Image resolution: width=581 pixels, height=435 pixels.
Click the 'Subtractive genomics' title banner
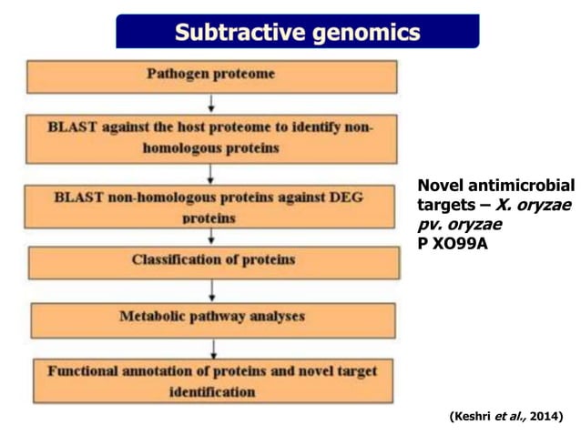point(297,33)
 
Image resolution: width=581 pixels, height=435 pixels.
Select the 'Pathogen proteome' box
point(210,76)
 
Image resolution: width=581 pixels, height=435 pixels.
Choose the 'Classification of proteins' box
point(213,261)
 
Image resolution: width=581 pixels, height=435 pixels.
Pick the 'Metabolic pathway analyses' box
point(212,318)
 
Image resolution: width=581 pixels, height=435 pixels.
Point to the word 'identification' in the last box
point(211,392)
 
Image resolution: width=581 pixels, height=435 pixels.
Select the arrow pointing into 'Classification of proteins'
point(211,235)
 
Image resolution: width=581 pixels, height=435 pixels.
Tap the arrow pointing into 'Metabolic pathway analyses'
point(211,291)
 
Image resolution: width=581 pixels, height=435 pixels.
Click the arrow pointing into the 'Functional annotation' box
point(211,348)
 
